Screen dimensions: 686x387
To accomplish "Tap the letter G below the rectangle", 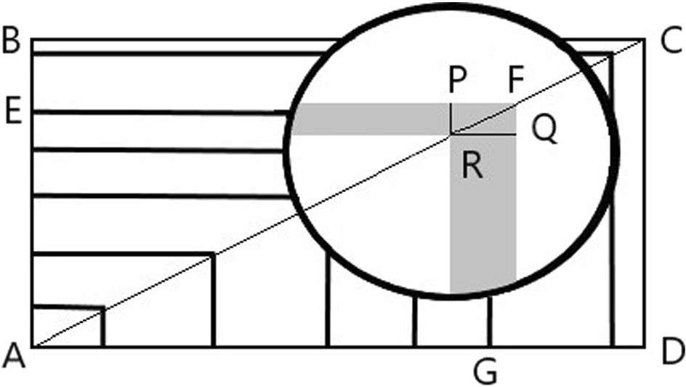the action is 485,372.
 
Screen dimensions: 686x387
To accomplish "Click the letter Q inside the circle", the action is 544,130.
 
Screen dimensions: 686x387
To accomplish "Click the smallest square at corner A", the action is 68,327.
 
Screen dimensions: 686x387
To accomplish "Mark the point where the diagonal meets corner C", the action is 643,41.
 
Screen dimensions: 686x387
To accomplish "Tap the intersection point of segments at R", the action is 451,135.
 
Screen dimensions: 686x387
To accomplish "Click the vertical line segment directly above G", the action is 490,320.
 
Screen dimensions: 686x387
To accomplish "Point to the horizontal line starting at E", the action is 160,112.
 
